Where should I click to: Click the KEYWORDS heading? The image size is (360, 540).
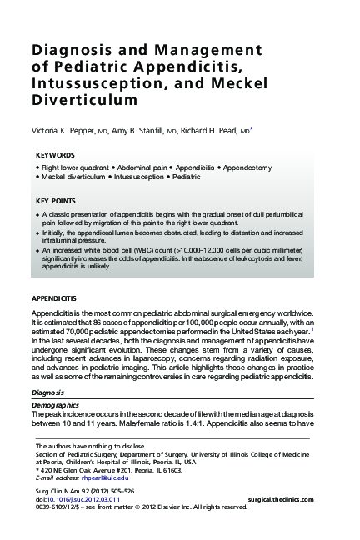coord(56,156)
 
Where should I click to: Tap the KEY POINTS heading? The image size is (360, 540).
coord(56,201)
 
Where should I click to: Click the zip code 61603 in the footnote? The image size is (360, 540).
coord(171,470)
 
